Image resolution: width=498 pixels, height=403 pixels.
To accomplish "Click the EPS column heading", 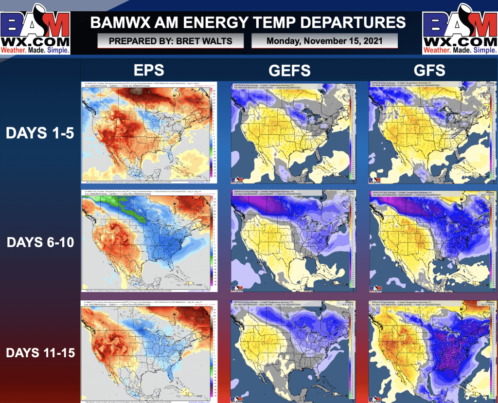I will (149, 70).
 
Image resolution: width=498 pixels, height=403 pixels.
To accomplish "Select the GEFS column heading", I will (289, 70).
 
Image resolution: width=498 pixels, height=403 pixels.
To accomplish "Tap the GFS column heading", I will (430, 70).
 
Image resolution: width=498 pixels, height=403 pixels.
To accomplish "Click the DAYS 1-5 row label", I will (40, 133).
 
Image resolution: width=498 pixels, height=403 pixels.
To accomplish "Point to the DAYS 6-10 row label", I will (40, 242).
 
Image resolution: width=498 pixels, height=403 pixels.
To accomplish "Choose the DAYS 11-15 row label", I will (40, 352).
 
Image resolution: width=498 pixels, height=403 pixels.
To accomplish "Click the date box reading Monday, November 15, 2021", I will (324, 41).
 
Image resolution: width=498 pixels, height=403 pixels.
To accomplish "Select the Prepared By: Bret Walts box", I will (170, 41).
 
